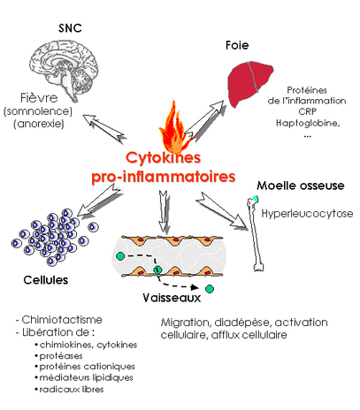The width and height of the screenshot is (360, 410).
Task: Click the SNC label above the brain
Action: click(70, 28)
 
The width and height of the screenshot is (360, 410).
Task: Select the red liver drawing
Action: click(250, 83)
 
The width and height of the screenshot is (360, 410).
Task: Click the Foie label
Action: click(237, 45)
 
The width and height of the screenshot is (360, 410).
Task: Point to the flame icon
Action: click(174, 127)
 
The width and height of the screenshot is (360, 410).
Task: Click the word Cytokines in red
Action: click(163, 157)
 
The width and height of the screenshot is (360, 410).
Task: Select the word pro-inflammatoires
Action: click(164, 177)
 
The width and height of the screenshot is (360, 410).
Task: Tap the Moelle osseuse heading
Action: click(301, 186)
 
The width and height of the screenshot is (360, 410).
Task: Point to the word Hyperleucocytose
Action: click(307, 213)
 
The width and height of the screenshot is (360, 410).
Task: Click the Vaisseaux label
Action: click(172, 298)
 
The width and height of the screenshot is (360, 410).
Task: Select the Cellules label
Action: click(46, 280)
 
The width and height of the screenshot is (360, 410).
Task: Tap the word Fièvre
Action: click(39, 98)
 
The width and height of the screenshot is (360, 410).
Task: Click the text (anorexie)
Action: click(39, 124)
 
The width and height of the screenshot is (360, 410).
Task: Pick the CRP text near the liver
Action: click(307, 112)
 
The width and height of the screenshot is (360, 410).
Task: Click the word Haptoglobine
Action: click(308, 123)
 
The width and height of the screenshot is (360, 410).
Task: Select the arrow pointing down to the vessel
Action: click(164, 212)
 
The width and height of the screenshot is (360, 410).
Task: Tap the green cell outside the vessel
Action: click(210, 289)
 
